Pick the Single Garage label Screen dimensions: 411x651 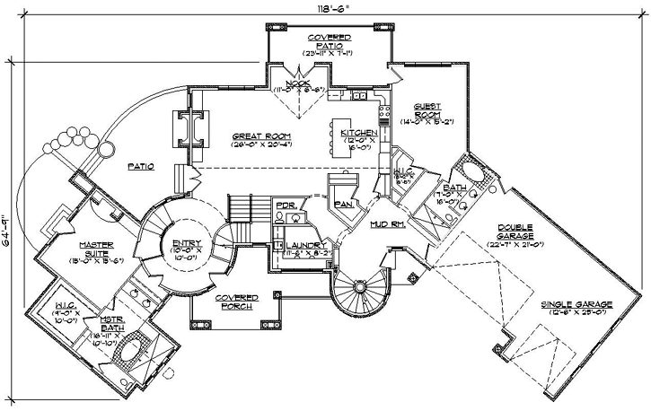tap(576, 304)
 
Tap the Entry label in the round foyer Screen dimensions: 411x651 tap(187, 243)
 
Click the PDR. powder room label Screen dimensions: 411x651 tap(286, 205)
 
